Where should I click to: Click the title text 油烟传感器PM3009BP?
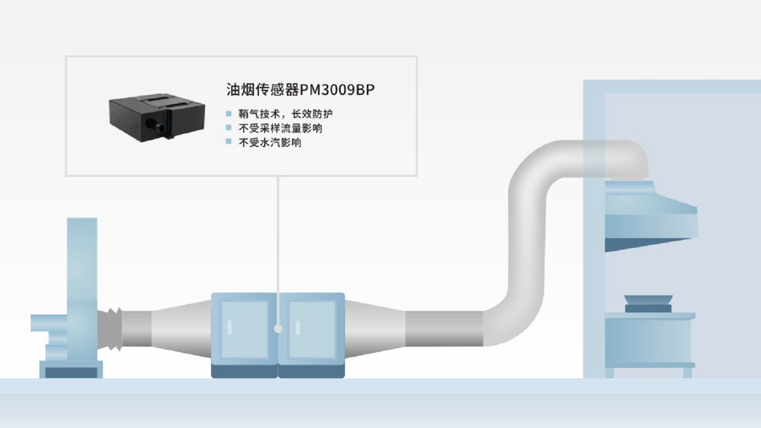pos(300,90)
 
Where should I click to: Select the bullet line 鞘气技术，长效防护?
pos(285,114)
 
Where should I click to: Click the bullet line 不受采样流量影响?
pos(280,128)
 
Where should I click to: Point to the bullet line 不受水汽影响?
pos(270,143)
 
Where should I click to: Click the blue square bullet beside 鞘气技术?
pos(229,114)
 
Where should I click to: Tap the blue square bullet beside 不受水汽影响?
pos(229,142)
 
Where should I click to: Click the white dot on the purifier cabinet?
pos(278,329)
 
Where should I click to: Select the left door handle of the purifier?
pos(230,327)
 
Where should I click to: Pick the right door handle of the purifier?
pos(298,327)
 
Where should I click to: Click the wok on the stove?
pos(648,300)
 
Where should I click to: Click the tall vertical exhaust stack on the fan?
pos(82,258)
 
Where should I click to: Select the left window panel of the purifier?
pos(244,330)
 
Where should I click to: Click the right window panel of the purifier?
pos(312,330)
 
